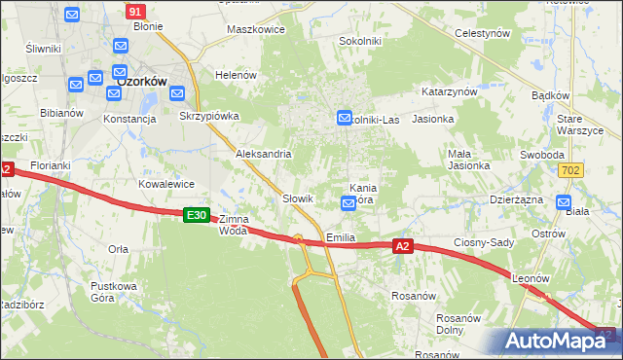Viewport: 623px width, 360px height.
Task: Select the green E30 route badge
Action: pos(196,214)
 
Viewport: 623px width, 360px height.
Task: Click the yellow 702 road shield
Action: pos(572,170)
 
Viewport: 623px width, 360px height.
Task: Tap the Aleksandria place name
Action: pos(264,154)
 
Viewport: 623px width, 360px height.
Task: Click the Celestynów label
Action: pos(483,33)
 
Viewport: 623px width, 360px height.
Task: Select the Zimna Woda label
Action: pos(234,225)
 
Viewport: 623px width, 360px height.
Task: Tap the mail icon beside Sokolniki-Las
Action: pos(344,118)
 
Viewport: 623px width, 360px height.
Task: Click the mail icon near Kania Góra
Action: pos(348,203)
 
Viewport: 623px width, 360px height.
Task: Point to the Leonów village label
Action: pos(531,277)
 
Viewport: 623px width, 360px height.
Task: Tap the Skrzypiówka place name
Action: pos(209,116)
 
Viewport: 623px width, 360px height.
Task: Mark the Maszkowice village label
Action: pos(255,29)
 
